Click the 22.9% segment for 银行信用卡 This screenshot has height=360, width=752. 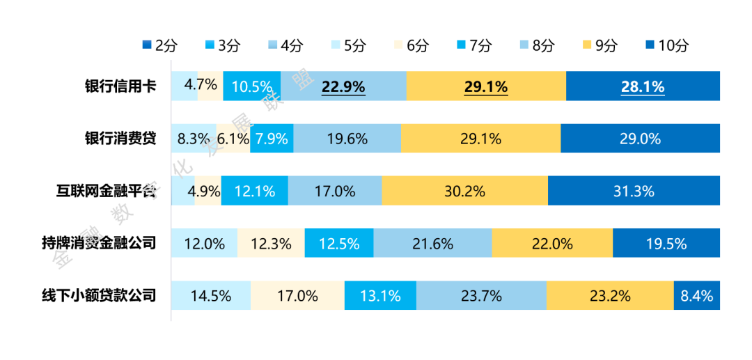tap(343, 87)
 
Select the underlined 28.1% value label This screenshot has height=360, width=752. tap(643, 87)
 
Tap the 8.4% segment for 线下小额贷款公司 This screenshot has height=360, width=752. tap(696, 295)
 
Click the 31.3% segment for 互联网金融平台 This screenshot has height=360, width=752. tap(634, 191)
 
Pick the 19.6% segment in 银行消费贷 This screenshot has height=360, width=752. tap(347, 139)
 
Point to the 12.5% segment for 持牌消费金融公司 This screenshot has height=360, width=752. tap(339, 244)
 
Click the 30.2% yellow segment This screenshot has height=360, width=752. tap(464, 191)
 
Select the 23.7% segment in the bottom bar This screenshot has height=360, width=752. tap(481, 295)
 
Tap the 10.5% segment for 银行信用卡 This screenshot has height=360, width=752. tap(252, 87)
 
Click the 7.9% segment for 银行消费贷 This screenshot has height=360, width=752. tap(271, 139)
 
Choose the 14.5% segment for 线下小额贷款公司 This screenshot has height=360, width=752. tap(210, 295)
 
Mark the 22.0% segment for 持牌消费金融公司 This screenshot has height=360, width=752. tap(552, 244)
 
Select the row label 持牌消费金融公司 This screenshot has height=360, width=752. tap(98, 243)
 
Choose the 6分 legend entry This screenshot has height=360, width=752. tap(410, 46)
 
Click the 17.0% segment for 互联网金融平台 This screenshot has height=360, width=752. tap(335, 191)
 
